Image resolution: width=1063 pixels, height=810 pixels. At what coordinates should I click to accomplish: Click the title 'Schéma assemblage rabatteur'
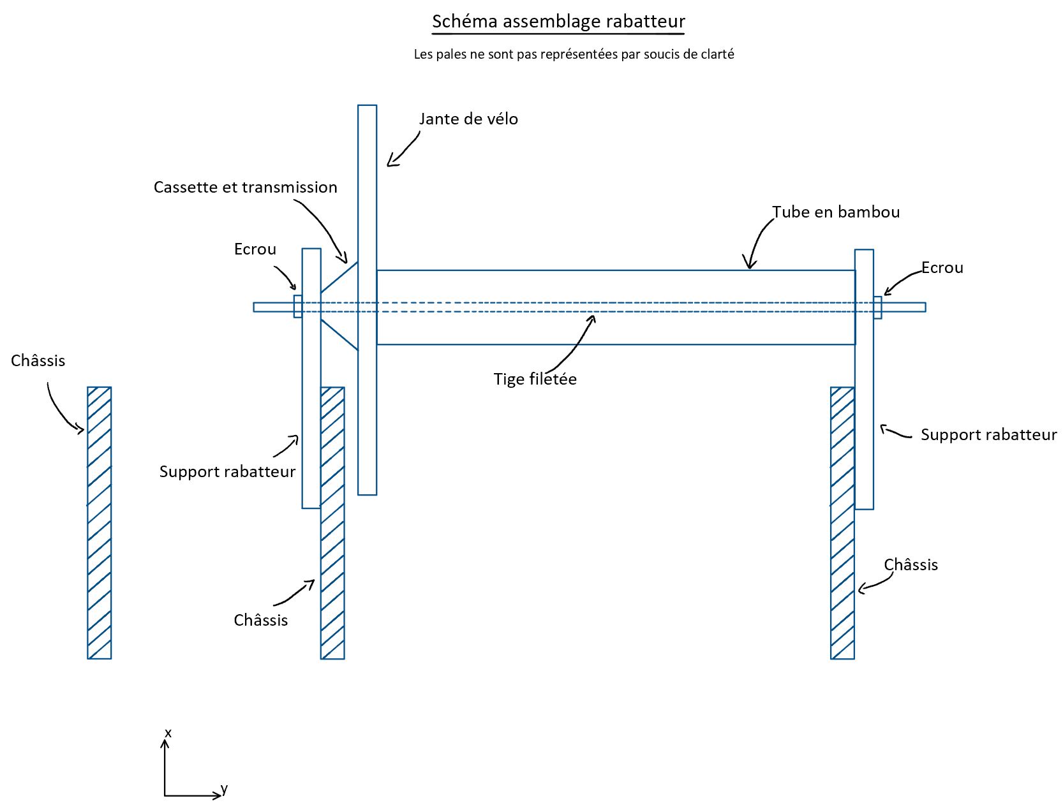point(558,22)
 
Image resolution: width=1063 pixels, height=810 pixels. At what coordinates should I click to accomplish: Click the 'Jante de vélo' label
point(468,119)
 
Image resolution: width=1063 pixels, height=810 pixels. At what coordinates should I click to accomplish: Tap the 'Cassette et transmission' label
point(245,188)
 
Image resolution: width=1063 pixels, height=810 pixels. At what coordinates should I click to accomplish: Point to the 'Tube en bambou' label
point(836,212)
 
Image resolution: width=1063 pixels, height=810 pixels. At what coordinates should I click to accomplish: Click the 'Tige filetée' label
point(535,379)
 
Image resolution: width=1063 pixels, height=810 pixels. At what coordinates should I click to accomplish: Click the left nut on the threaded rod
point(298,306)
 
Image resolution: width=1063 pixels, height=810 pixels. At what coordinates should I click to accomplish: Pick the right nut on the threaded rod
point(878,307)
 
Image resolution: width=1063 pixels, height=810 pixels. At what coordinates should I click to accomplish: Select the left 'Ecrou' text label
point(255,249)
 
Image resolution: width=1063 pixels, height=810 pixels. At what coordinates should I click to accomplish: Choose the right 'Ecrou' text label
point(942,268)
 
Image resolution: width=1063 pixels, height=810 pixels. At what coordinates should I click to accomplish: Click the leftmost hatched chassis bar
point(100,523)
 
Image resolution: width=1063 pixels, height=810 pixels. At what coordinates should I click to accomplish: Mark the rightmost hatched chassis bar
point(842,523)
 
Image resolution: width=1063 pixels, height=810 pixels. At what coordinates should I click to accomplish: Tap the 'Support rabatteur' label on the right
point(988,435)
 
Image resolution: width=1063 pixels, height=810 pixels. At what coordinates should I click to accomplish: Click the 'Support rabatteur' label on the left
point(227,472)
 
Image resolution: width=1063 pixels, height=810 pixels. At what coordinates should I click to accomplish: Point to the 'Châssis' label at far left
point(38,361)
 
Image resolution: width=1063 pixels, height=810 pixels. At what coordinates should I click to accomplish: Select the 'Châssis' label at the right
point(911,565)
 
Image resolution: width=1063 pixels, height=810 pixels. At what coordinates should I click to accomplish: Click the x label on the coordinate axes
point(168,733)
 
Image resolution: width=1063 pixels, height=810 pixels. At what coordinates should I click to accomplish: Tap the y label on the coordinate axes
point(224,790)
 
